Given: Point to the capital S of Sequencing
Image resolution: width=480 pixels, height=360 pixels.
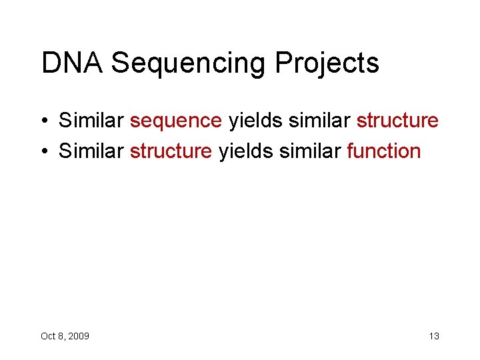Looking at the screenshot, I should [x=121, y=63].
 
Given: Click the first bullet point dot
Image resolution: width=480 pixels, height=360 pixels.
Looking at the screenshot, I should [x=44, y=121].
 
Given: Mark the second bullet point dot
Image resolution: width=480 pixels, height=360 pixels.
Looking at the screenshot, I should [x=44, y=152].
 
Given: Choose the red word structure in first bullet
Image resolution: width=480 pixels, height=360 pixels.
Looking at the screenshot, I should [x=397, y=121].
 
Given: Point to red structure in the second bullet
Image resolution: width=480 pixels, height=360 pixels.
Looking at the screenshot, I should [x=171, y=151].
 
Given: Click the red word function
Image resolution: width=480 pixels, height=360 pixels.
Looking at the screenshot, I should [x=383, y=151].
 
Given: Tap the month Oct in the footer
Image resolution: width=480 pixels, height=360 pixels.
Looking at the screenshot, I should [x=48, y=336].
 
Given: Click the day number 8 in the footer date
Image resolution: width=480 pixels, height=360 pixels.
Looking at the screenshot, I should [x=61, y=336].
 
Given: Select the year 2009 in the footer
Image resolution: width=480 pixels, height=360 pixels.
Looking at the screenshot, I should [x=79, y=336].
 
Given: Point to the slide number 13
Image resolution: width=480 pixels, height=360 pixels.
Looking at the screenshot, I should [x=434, y=336].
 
